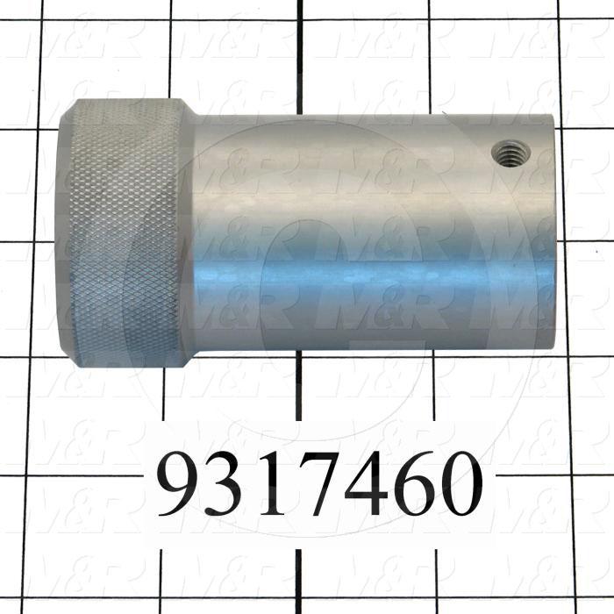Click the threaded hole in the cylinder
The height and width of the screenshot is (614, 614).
point(506,154)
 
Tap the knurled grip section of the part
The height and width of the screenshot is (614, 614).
point(123,232)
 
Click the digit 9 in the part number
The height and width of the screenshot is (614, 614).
point(182,485)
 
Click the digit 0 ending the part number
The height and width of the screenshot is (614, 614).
point(460,485)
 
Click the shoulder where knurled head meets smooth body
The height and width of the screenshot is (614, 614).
point(188,232)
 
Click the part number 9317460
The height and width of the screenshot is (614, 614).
point(320,485)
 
